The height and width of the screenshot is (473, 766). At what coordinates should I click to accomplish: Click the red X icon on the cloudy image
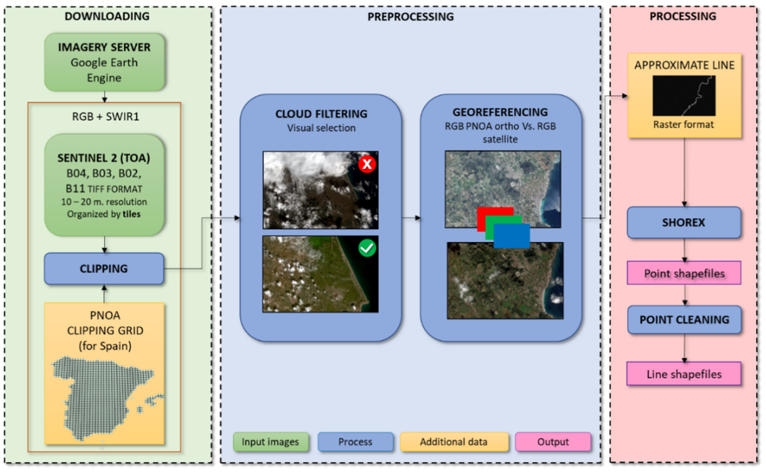coord(367,164)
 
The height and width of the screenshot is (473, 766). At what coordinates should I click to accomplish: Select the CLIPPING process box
coord(104,269)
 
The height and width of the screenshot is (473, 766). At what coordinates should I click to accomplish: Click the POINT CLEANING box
coord(684,320)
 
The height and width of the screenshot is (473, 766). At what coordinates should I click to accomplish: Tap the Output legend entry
coord(553,442)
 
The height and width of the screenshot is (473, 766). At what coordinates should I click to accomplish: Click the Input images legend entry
coord(270,442)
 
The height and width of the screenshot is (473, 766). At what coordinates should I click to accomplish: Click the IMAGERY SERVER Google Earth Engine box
coord(104,62)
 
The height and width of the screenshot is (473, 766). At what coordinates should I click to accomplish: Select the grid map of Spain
coord(105,397)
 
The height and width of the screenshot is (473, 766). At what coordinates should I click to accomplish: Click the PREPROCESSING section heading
coord(410,17)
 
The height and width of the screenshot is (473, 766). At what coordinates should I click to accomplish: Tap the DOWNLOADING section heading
coord(107,16)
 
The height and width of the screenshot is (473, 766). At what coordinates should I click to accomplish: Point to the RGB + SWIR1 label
coord(105,116)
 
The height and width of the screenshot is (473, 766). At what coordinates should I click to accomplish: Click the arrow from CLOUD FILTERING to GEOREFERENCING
coord(411,218)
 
